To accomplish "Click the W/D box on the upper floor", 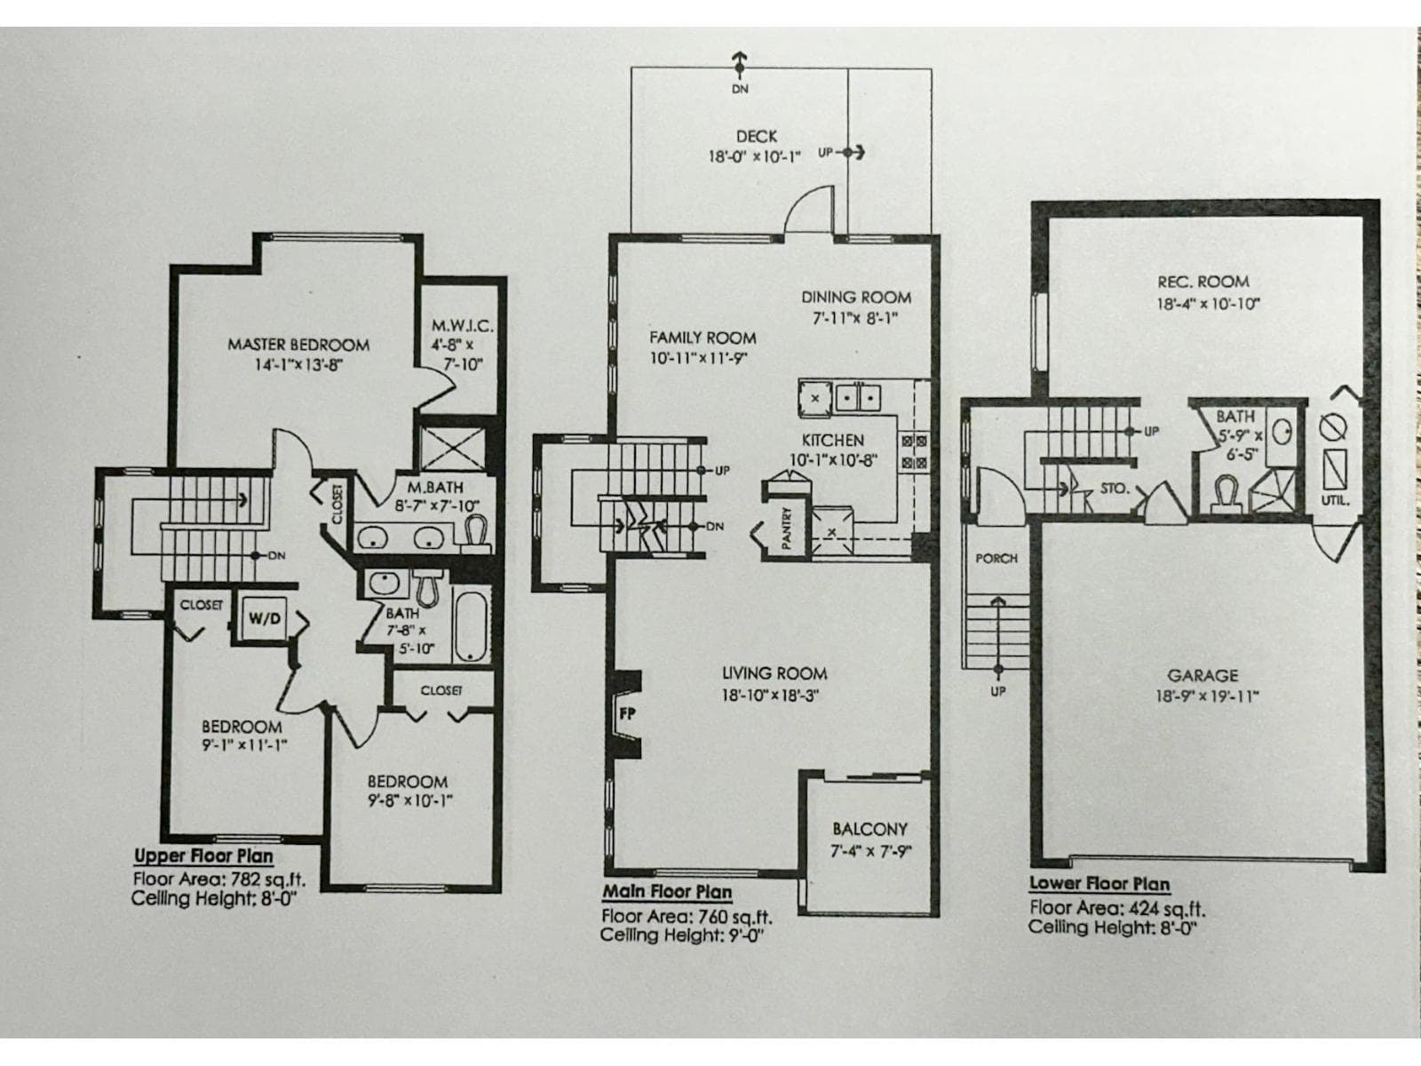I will point(263,618).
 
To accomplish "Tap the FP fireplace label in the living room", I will point(626,712).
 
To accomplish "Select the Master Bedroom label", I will point(298,345).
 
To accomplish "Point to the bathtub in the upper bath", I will point(470,626).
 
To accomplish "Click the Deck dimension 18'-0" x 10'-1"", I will point(754,156).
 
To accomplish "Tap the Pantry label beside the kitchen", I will point(786,528).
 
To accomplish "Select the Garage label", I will point(1203,676).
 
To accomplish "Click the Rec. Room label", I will point(1203,282).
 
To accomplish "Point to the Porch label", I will point(996,559).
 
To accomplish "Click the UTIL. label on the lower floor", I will point(1335,500).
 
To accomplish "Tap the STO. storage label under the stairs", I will point(1114,489).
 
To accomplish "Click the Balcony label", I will point(869,829).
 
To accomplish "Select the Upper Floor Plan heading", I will point(203,856).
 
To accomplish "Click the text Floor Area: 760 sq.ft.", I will point(687,917).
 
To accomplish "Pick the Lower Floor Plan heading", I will point(1099,884).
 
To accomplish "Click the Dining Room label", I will point(856,298).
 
